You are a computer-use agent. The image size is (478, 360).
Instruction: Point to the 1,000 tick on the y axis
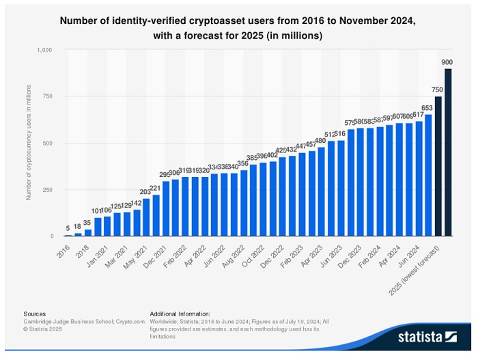(45, 50)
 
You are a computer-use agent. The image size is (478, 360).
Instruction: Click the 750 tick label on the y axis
(47, 96)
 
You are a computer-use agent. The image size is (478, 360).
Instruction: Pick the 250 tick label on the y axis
(47, 189)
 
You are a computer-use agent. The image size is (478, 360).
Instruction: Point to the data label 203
(145, 192)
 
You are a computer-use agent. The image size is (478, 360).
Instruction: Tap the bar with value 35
(87, 232)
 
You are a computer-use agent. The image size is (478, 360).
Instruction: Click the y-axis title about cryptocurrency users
(29, 142)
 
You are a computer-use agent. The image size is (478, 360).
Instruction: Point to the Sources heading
(35, 314)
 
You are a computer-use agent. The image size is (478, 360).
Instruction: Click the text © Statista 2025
(46, 328)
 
